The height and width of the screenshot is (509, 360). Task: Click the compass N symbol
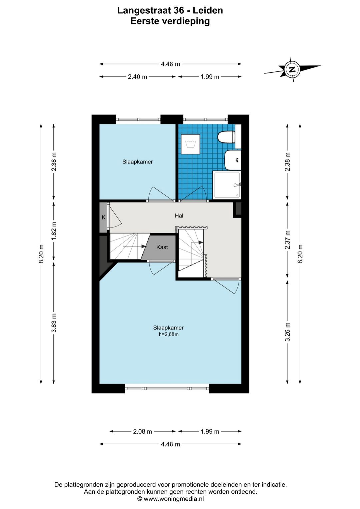(x=293, y=69)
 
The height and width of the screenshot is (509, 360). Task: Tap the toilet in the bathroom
(x=226, y=137)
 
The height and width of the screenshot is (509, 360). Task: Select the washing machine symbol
(x=190, y=144)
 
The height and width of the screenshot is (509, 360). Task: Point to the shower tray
(x=227, y=185)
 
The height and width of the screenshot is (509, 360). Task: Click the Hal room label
(x=179, y=216)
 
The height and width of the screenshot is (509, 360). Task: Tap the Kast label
(x=162, y=247)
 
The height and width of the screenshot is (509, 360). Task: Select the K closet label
(x=104, y=217)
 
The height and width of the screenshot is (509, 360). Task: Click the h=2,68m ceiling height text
(x=169, y=334)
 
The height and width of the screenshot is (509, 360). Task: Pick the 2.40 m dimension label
(x=137, y=77)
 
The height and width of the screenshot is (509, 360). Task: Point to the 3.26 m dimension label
(x=288, y=332)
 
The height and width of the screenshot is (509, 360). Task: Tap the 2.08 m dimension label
(x=142, y=431)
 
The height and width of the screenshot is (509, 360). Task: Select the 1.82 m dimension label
(x=54, y=230)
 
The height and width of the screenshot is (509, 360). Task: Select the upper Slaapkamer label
(x=137, y=162)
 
